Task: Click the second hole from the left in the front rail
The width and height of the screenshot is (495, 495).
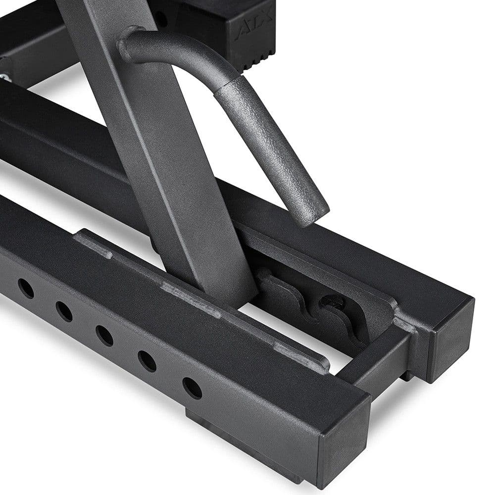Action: tap(64, 311)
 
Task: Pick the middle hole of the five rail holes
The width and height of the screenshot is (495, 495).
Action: tap(104, 336)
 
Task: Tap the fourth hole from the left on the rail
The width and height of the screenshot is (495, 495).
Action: tap(147, 361)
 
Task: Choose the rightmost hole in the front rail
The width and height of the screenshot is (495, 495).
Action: tap(192, 388)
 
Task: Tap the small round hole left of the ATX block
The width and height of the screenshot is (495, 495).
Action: tap(161, 19)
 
